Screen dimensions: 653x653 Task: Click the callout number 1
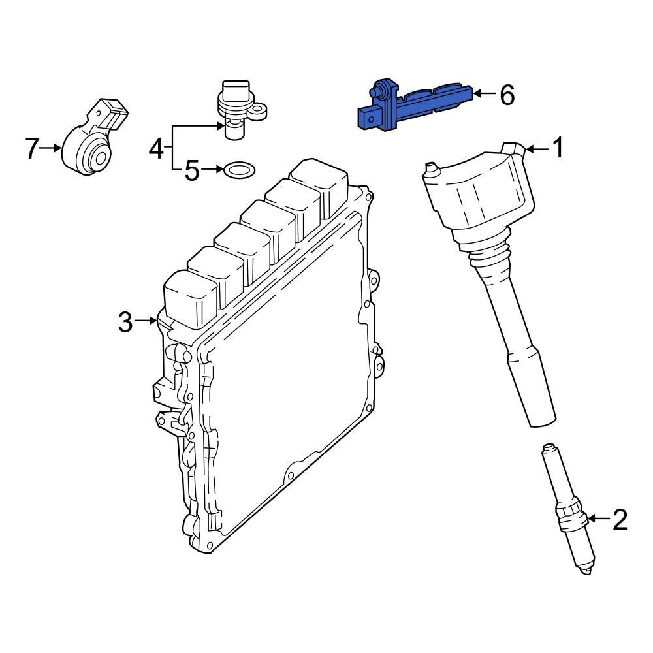558,149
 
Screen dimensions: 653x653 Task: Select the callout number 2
618,520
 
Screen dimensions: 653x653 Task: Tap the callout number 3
125,321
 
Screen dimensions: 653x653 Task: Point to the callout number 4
156,149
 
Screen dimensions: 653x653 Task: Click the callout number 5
191,171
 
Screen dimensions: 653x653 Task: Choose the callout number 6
507,95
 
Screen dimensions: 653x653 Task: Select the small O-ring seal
239,171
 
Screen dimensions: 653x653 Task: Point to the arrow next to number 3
145,321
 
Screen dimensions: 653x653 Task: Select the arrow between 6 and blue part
483,95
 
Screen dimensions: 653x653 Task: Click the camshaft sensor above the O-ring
235,108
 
